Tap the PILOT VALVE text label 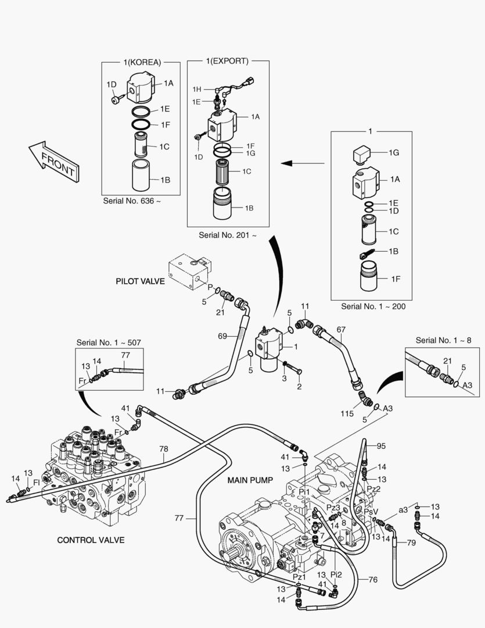click(140, 281)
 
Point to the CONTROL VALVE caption click(91, 540)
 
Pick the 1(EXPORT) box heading click(227, 60)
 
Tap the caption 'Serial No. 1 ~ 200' click(373, 306)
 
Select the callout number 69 click(222, 336)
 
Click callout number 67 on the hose click(340, 329)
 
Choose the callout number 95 click(381, 446)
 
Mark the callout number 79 click(411, 543)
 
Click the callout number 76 click(373, 579)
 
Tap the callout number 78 click(163, 448)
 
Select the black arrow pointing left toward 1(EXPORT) click(301, 163)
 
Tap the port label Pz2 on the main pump click(374, 488)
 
